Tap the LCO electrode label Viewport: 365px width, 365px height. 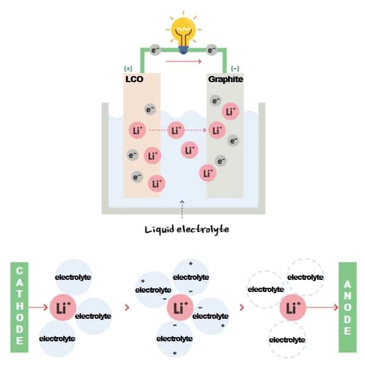coord(134,79)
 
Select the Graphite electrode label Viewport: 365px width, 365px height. coord(225,79)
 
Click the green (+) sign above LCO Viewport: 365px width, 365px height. coord(128,69)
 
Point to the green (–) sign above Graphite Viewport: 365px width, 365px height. coord(235,69)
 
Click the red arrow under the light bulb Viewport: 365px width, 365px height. coord(183,61)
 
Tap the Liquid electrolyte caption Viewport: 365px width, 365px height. coord(182,229)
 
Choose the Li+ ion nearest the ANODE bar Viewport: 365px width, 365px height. coord(292,308)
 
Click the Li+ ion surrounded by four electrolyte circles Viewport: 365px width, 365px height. coord(179,308)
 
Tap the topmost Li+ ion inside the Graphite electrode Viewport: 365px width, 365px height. coord(231,111)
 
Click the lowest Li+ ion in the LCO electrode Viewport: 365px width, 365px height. coord(157,182)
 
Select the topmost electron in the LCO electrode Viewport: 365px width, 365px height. coord(150,110)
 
